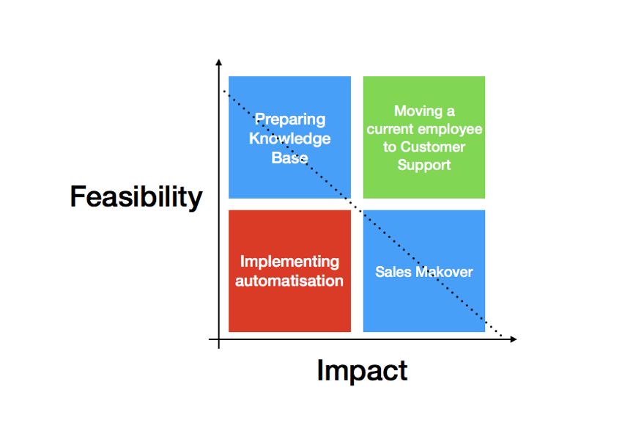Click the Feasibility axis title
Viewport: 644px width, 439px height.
tap(136, 196)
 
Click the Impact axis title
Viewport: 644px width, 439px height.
tap(362, 370)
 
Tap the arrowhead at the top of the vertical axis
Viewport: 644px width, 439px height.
tap(218, 62)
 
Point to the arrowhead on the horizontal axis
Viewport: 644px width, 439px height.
tap(513, 339)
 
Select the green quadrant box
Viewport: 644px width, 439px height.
tap(424, 137)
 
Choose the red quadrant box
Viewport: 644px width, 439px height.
tap(289, 271)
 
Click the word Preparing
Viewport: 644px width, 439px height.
tap(290, 119)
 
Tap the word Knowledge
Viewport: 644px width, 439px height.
tap(289, 139)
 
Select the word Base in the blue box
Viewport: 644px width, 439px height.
tap(289, 158)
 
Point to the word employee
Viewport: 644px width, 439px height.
tap(451, 130)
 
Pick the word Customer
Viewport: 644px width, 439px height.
tap(433, 147)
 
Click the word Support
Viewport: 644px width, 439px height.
tap(424, 165)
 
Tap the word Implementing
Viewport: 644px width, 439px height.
tap(289, 262)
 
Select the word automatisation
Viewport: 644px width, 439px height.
tap(289, 281)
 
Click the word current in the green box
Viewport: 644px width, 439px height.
tap(391, 130)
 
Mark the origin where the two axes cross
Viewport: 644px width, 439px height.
tap(218, 339)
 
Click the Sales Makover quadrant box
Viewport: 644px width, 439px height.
tap(424, 271)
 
